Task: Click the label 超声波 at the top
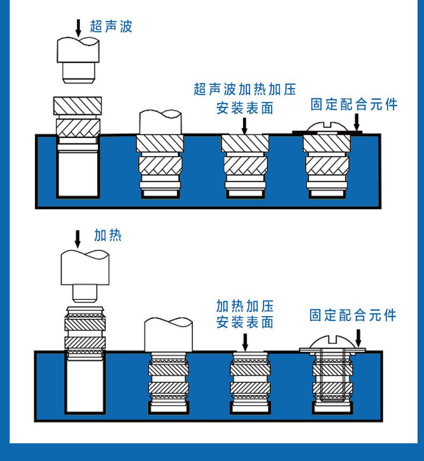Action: tap(111, 26)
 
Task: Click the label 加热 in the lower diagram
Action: tap(108, 235)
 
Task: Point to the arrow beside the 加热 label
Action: tap(78, 238)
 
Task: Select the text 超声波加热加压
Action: tap(245, 89)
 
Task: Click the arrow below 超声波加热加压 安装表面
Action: tap(245, 125)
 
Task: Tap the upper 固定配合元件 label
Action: tap(354, 104)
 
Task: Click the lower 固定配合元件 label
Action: tap(353, 315)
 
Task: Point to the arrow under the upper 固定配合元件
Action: tap(356, 122)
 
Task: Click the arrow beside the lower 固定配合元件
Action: tap(358, 338)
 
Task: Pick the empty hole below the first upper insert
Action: tap(78, 172)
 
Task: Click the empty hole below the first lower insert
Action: tap(82, 384)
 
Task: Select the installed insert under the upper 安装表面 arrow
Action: tap(245, 164)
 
